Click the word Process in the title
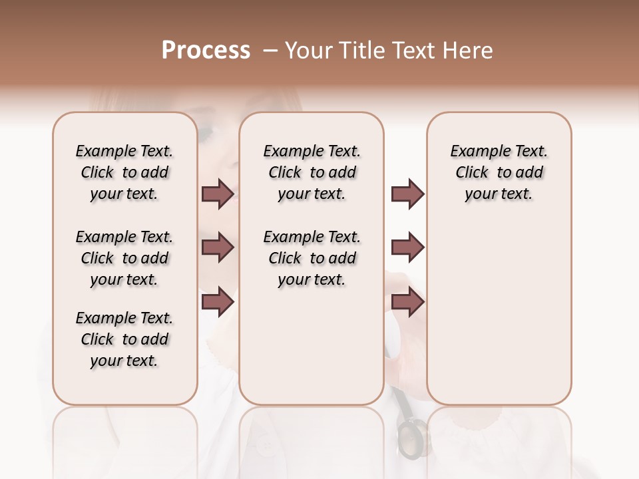(x=206, y=51)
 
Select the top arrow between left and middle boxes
(x=218, y=194)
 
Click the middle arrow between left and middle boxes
(x=218, y=247)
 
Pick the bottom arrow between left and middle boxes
(x=218, y=301)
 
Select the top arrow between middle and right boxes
(x=407, y=194)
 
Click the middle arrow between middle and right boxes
(x=407, y=247)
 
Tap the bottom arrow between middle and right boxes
(x=407, y=301)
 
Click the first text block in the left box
(x=124, y=172)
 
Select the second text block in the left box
(x=124, y=258)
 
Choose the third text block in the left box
(x=124, y=339)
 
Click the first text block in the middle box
(x=312, y=172)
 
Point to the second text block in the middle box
(x=312, y=258)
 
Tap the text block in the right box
(x=499, y=172)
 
